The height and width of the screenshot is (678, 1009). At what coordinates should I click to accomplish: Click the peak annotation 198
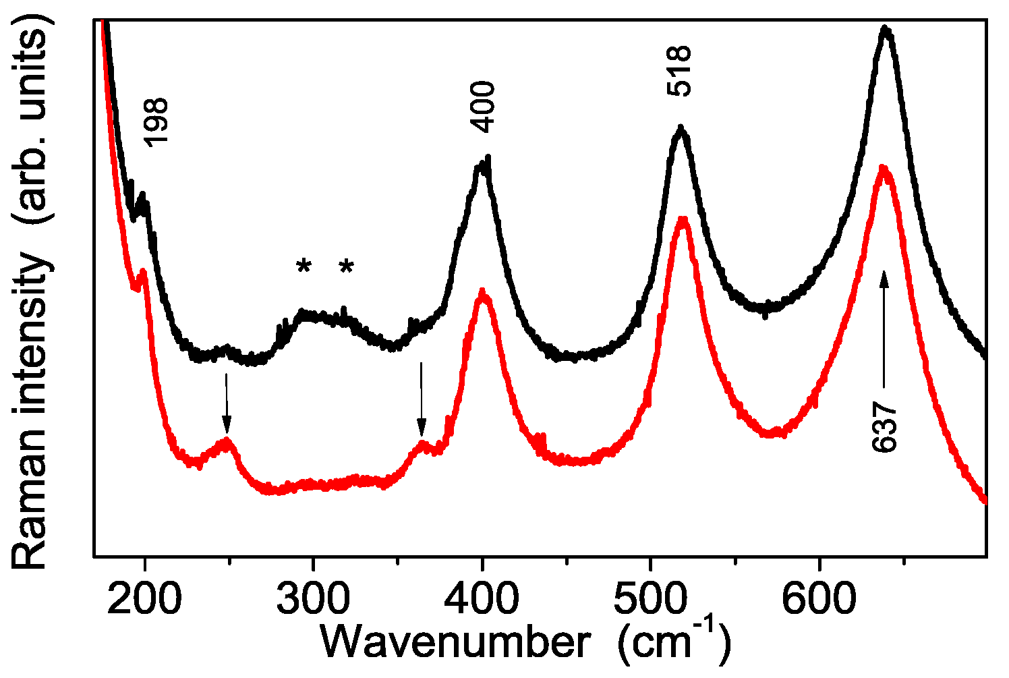pos(156,122)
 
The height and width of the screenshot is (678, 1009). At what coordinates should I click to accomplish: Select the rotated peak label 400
pos(484,107)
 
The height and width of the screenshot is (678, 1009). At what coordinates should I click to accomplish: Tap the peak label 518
pos(680,72)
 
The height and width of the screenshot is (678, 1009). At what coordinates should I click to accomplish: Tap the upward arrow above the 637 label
pos(884,324)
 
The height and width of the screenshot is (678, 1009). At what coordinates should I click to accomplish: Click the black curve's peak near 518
pos(681,129)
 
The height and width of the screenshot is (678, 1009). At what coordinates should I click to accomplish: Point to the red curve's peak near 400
pos(482,292)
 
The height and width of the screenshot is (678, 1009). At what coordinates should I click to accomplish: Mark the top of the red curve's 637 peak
pos(883,167)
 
